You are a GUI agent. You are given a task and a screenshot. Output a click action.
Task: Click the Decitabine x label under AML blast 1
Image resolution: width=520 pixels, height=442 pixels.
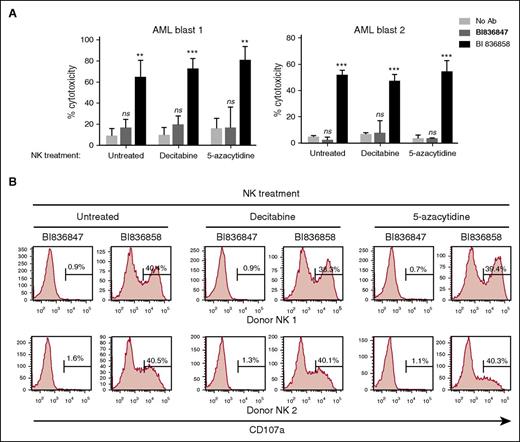(x=170, y=159)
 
